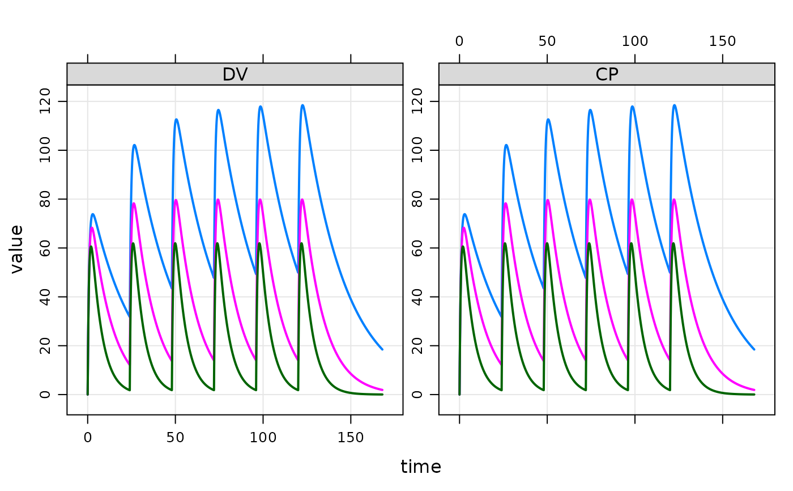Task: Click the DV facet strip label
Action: click(235, 74)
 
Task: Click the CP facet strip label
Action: click(607, 74)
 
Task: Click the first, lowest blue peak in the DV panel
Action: click(92, 214)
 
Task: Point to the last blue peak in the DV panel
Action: click(302, 105)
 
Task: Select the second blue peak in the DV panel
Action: click(134, 145)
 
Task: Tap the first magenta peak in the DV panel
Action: click(91, 227)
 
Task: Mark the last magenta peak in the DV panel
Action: click(302, 199)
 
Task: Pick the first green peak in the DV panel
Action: click(90, 247)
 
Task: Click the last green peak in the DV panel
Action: click(301, 243)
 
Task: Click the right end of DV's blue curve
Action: click(383, 350)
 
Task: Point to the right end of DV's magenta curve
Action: click(383, 390)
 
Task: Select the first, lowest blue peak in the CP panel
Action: click(464, 214)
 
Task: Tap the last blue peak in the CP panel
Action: click(675, 105)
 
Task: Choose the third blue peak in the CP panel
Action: click(548, 119)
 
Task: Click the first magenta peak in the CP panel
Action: click(463, 227)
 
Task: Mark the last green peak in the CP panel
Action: click(673, 243)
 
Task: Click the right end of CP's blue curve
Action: click(754, 350)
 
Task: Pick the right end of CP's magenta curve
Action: click(754, 390)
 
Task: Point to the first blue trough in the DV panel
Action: click(129, 318)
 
